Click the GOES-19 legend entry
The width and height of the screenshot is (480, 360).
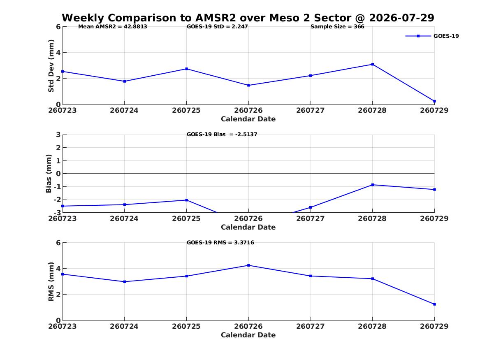pyautogui.click(x=432, y=36)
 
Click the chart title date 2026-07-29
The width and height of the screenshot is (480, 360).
pyautogui.click(x=401, y=18)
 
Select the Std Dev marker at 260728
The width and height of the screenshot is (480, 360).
pyautogui.click(x=373, y=64)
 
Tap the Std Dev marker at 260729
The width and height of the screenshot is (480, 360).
pyautogui.click(x=434, y=101)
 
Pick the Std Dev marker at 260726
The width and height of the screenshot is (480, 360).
pyautogui.click(x=248, y=86)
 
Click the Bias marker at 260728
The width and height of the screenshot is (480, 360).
pyautogui.click(x=373, y=185)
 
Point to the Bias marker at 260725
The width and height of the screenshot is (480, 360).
pyautogui.click(x=186, y=200)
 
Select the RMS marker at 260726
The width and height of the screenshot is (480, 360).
pyautogui.click(x=248, y=265)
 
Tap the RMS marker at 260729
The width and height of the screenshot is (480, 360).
pyautogui.click(x=434, y=304)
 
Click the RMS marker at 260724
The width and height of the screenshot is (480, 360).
pyautogui.click(x=125, y=282)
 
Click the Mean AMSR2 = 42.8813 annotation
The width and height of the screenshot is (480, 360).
pyautogui.click(x=113, y=27)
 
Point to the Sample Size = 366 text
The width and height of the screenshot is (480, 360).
pyautogui.click(x=337, y=27)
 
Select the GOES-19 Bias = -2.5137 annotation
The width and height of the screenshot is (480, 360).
pyautogui.click(x=222, y=135)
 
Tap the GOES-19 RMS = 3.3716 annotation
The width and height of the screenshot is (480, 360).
pyautogui.click(x=220, y=242)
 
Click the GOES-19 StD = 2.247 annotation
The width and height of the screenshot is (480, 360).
pyautogui.click(x=217, y=27)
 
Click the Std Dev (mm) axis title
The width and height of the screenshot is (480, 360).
pyautogui.click(x=51, y=66)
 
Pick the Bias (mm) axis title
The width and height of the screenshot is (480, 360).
pyautogui.click(x=49, y=174)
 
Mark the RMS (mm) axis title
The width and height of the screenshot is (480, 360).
pyautogui.click(x=51, y=282)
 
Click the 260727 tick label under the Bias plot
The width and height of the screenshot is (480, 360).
pyautogui.click(x=311, y=218)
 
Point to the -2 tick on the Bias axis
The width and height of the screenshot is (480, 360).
pyautogui.click(x=57, y=200)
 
